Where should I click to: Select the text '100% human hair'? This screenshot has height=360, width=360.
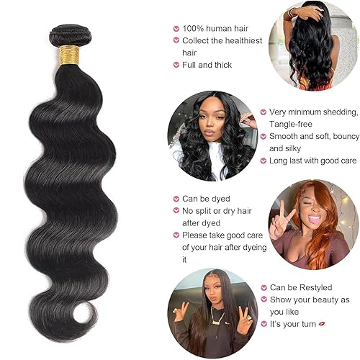pos(213,28)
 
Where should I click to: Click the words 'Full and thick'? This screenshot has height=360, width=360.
pos(208,64)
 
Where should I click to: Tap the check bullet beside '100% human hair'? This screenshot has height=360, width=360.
pos(175,29)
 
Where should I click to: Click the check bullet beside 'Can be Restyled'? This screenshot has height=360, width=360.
pos(264,287)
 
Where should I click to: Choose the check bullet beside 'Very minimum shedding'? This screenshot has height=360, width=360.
pos(264,112)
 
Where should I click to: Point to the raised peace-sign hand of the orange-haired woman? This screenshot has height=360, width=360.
pos(277,218)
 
